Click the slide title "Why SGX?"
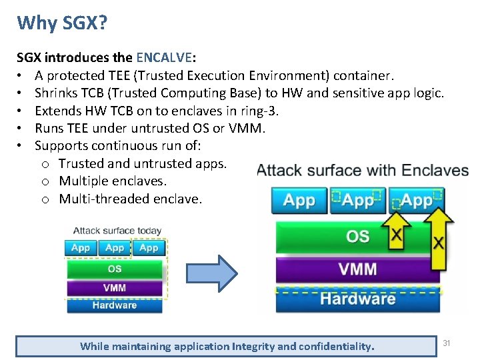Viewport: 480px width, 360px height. point(62,23)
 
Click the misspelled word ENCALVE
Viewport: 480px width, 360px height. point(165,58)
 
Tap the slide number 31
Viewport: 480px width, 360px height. point(447,343)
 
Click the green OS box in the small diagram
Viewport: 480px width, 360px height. point(115,269)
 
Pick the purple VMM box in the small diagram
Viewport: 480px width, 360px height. point(115,288)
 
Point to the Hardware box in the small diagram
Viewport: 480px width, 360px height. point(115,305)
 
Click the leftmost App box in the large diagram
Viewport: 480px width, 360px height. point(299,199)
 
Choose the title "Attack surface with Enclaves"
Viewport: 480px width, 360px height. point(363,170)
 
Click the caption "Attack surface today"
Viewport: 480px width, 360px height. point(117,231)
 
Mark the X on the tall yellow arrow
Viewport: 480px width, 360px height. point(438,241)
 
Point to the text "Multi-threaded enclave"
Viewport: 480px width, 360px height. point(130,198)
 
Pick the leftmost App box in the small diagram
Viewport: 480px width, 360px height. point(80,248)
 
